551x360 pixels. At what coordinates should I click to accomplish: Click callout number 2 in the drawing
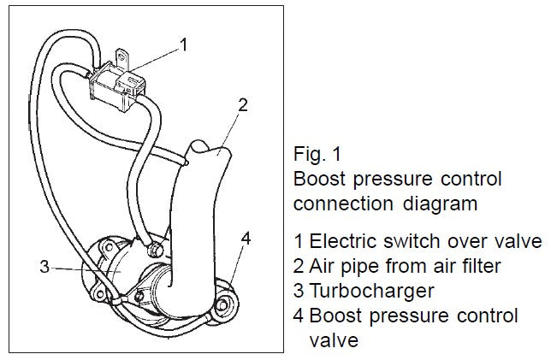point(243,105)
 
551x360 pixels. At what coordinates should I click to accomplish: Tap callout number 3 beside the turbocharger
point(44,267)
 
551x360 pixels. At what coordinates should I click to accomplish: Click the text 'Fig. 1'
point(315,156)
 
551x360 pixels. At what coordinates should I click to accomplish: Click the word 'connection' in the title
point(334,204)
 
